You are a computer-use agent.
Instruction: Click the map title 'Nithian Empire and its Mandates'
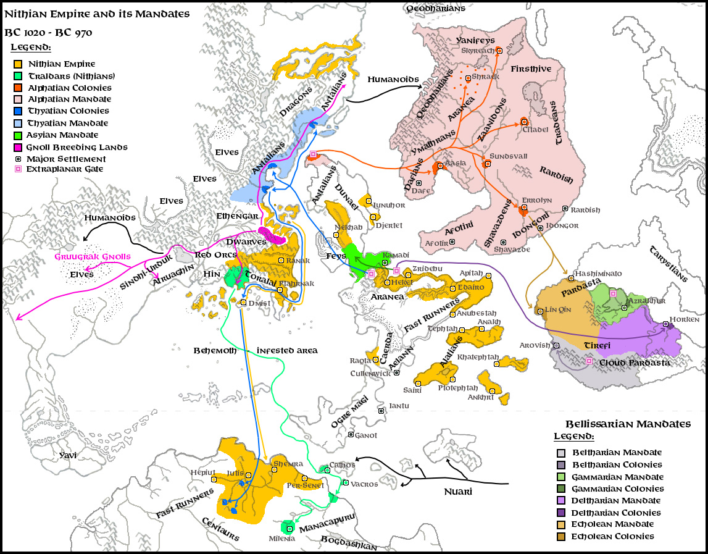(97, 13)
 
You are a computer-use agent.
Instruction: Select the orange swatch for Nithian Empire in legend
(19, 64)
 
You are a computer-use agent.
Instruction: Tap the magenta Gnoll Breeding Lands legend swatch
(19, 147)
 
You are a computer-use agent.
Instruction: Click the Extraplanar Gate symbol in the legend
(19, 169)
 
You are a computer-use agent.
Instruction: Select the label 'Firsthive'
(531, 69)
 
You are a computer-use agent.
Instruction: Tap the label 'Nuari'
(458, 492)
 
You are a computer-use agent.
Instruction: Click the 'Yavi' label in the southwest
(68, 455)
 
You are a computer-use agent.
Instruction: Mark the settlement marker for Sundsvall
(486, 164)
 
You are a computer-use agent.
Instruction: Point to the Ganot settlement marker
(351, 435)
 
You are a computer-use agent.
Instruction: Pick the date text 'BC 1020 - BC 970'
(48, 32)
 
